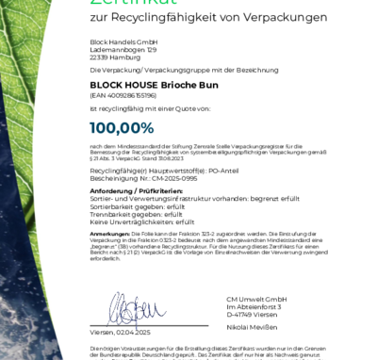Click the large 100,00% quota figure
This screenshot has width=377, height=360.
tap(122, 127)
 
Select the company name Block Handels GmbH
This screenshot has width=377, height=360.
tap(116, 42)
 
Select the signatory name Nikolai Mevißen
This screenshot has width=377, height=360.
tap(249, 325)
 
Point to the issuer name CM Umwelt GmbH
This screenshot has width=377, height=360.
tap(250, 299)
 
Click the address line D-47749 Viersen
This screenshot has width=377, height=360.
tap(248, 314)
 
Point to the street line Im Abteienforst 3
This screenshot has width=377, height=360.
tap(250, 306)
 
